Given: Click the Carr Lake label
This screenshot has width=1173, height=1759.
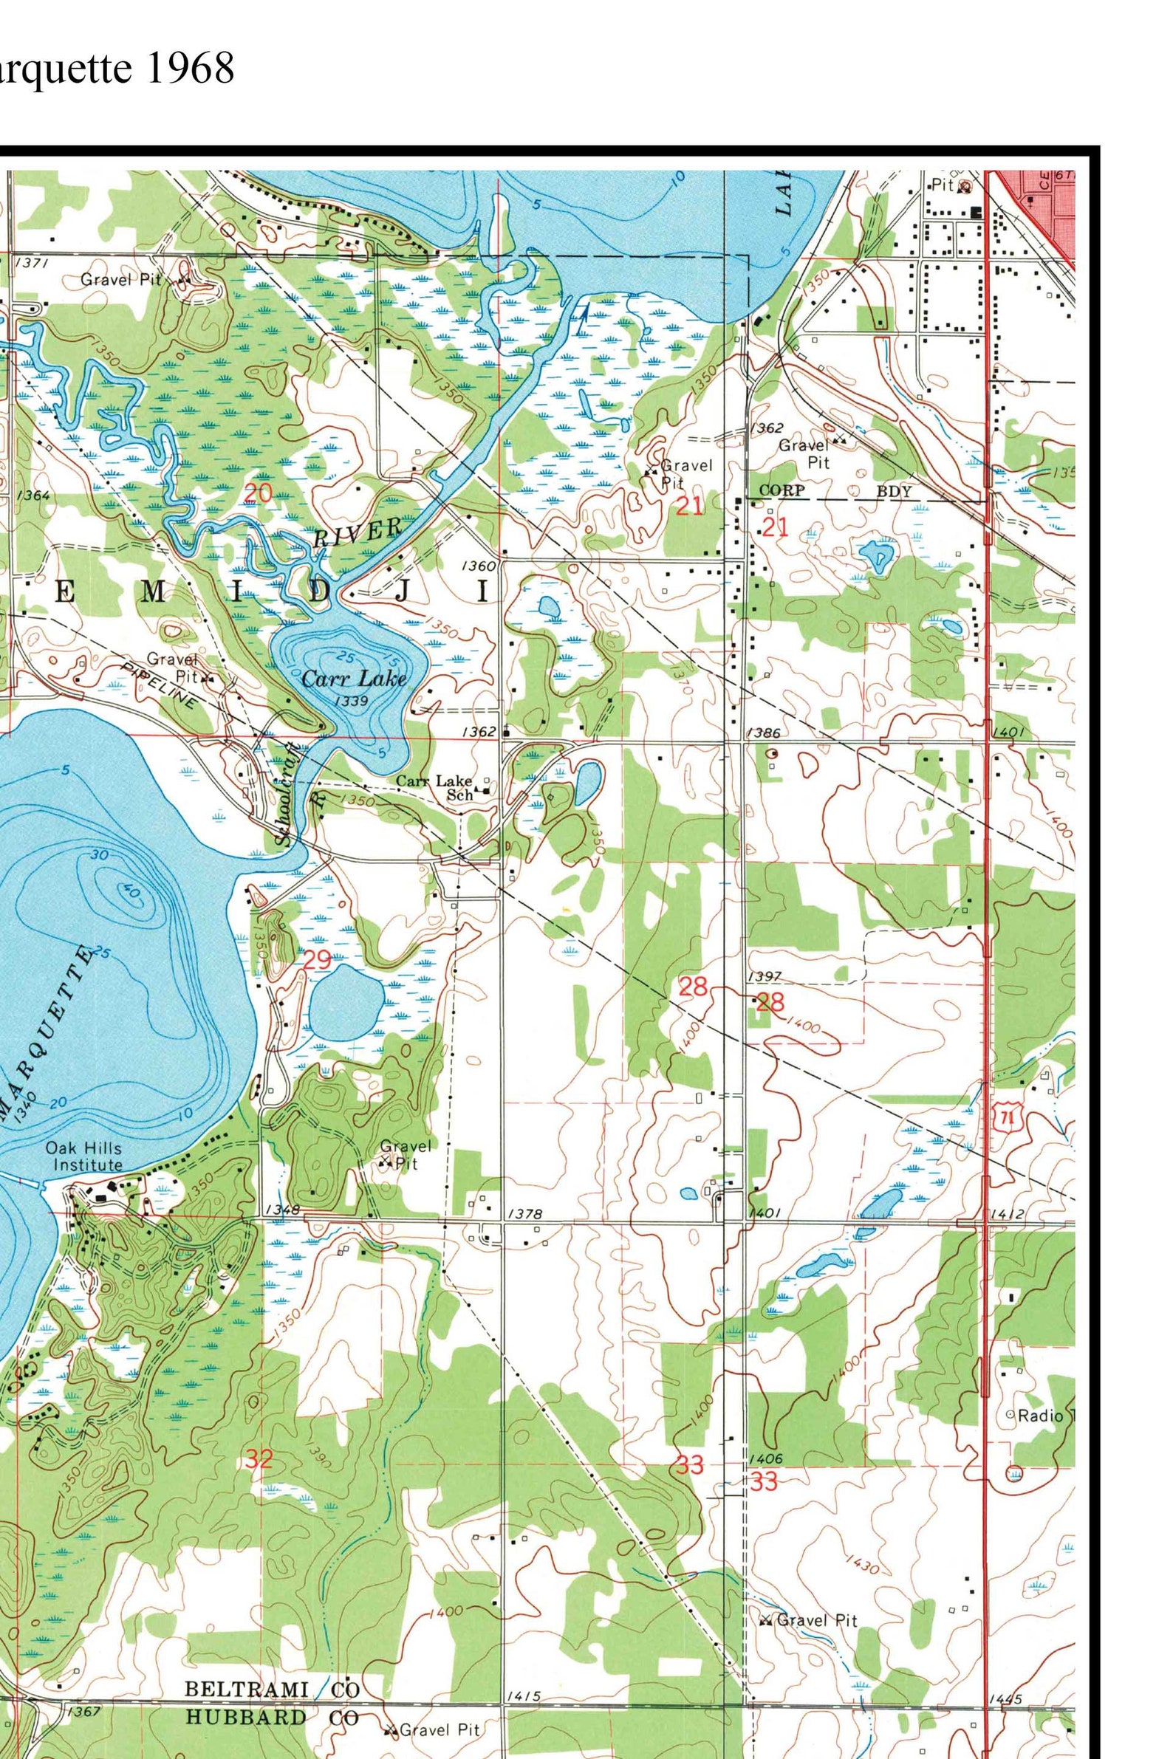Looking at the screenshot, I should [354, 679].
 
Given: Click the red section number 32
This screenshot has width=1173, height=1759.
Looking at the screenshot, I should [259, 1458].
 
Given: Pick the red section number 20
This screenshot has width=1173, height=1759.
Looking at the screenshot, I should [258, 493].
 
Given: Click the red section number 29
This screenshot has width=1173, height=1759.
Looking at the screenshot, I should [317, 959].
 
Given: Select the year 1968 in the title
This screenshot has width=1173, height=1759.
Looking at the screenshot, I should [190, 69].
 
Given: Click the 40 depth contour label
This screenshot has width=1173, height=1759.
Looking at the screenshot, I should [129, 892].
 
